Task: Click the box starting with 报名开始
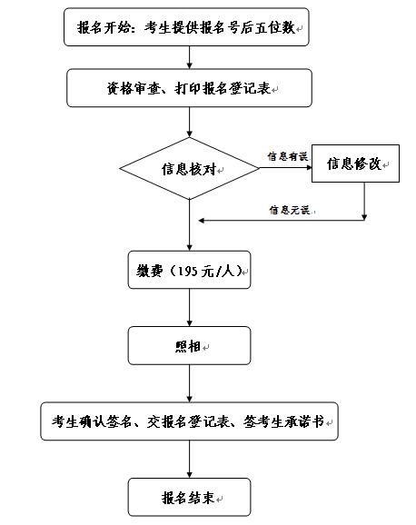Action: point(186,27)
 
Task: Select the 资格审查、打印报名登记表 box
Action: point(189,88)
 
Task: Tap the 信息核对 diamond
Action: point(189,168)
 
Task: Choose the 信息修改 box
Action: point(355,163)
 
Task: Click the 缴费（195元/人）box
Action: point(189,270)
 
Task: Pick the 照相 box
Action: point(189,345)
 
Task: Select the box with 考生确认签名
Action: point(189,421)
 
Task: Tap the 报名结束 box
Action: point(189,497)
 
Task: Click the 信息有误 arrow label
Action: point(287,156)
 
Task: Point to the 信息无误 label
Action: point(290,210)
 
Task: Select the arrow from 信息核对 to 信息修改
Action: point(285,167)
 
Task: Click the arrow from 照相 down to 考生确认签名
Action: point(189,383)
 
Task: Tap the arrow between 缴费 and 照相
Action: point(189,308)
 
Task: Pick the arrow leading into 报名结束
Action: point(189,459)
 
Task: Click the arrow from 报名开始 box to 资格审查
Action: point(189,57)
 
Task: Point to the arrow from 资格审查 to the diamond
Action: point(189,123)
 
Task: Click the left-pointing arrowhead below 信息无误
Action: point(202,221)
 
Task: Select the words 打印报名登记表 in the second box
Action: point(223,88)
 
